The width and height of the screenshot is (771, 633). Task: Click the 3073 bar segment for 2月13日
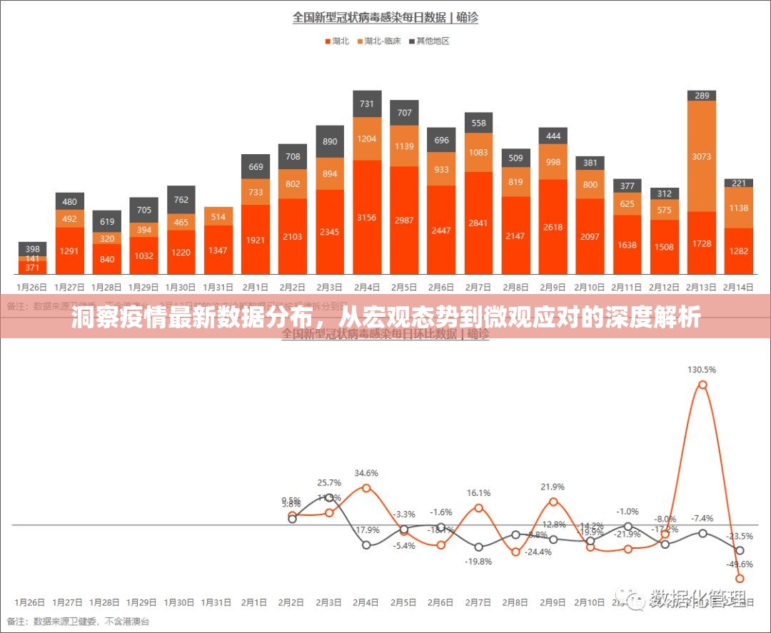(x=702, y=156)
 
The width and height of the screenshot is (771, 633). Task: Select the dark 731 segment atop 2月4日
(x=367, y=104)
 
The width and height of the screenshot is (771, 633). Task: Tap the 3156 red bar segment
(x=367, y=218)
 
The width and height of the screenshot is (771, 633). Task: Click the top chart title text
(x=385, y=17)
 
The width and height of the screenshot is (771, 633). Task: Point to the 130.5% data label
(x=702, y=370)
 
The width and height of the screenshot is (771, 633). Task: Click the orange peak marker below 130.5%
(x=702, y=385)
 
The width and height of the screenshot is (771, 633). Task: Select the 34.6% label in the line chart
(x=366, y=473)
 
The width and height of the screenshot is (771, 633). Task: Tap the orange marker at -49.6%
(x=740, y=579)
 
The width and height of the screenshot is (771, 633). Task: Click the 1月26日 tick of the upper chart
(x=31, y=287)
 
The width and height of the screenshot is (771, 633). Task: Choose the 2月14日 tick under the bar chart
(x=739, y=287)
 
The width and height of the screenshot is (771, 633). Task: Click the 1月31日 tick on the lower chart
(x=218, y=602)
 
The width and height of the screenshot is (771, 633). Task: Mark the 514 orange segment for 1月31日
(x=218, y=217)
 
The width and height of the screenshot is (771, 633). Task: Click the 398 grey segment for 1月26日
(x=33, y=249)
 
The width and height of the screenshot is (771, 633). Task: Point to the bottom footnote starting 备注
(x=79, y=622)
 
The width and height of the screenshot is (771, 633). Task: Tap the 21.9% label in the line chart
(x=553, y=487)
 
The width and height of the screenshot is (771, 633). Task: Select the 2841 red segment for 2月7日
(x=478, y=223)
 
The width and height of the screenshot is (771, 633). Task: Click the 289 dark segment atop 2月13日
(x=702, y=96)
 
